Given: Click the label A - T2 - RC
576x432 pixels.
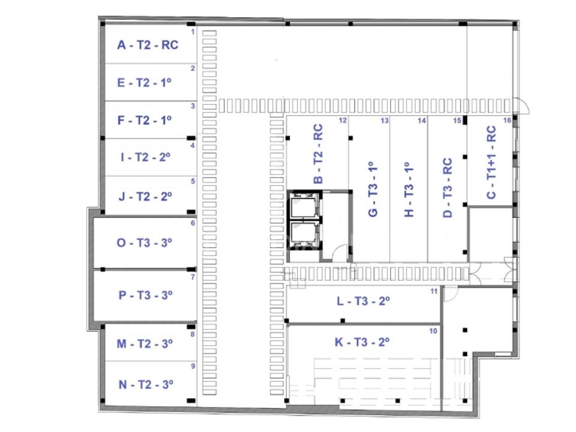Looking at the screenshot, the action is [x=148, y=45].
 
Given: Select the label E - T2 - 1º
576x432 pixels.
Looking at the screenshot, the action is [x=145, y=83].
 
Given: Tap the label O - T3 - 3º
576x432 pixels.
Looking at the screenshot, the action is [x=145, y=242].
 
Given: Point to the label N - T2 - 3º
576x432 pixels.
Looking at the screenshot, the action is [x=146, y=385].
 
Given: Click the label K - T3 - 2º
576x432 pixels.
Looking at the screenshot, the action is [x=362, y=342].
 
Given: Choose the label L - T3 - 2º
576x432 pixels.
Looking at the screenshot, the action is [x=364, y=301].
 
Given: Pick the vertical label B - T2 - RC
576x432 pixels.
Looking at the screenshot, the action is [x=318, y=154].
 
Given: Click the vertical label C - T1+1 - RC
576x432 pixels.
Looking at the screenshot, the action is [x=491, y=162].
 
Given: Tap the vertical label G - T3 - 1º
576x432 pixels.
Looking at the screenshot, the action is [x=373, y=189].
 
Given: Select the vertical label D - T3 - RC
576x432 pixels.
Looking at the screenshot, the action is [x=448, y=188].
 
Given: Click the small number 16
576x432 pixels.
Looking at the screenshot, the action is [x=507, y=120].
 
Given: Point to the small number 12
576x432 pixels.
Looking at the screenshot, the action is [x=343, y=121].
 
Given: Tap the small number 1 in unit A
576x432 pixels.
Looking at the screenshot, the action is [x=193, y=32].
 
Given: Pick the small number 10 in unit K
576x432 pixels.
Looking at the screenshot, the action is [x=433, y=331].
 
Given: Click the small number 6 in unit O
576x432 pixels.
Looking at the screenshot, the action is [x=193, y=223].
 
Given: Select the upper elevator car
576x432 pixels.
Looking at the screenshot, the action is [x=303, y=208].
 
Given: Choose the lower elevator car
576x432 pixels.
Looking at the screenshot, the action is [x=303, y=235].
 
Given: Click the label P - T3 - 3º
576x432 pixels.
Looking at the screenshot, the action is [x=145, y=295].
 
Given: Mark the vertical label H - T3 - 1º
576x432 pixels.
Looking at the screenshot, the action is [x=409, y=189].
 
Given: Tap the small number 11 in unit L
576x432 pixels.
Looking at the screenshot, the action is [x=434, y=292].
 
